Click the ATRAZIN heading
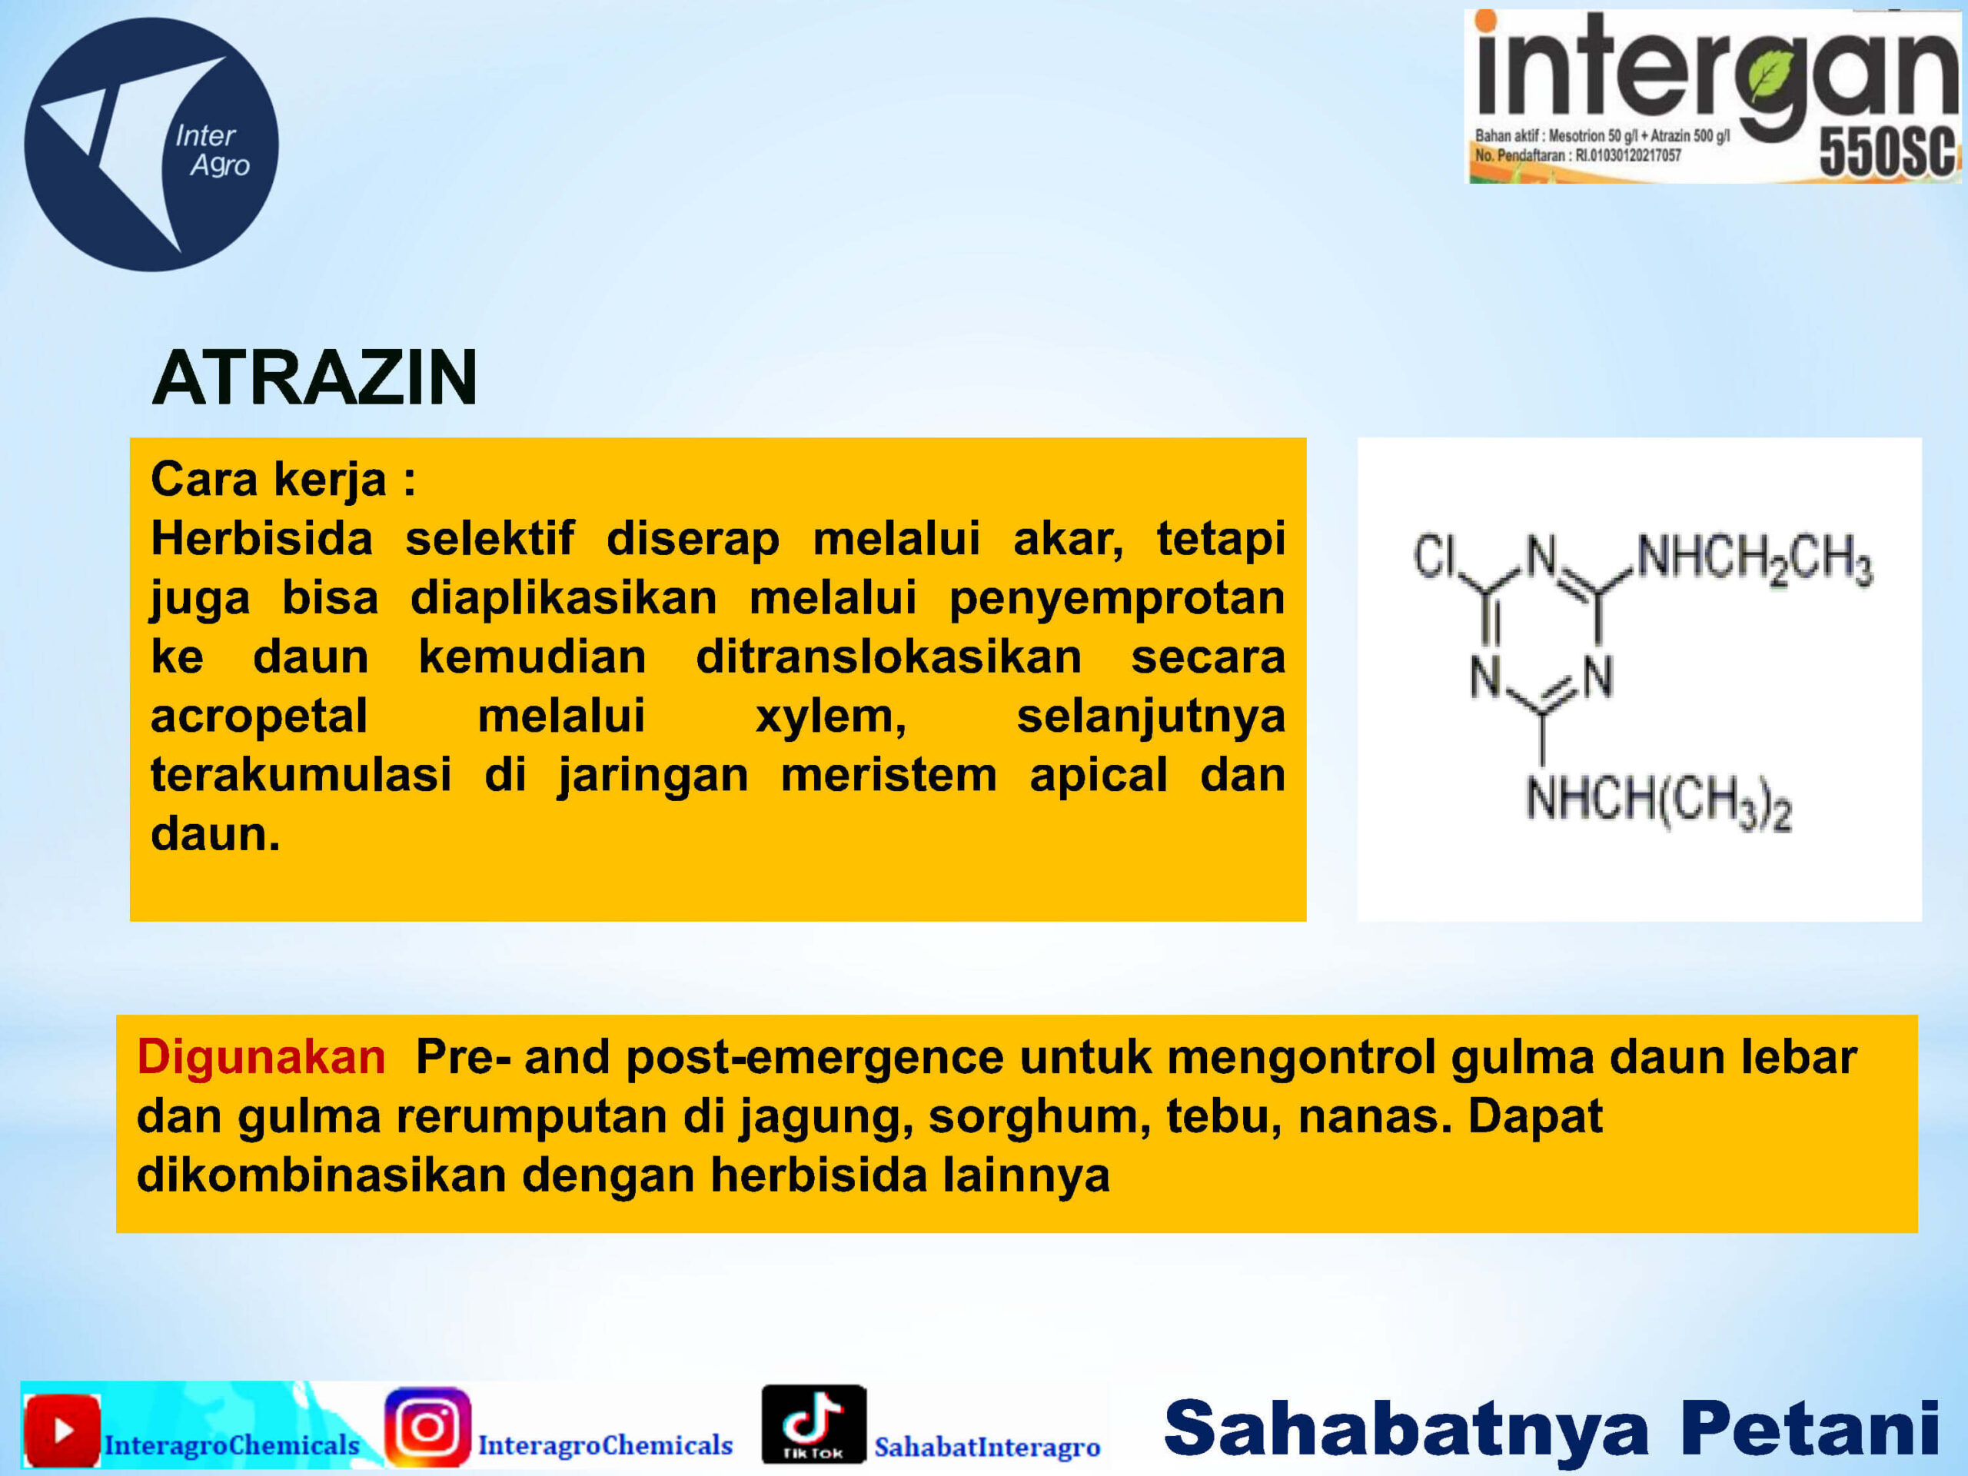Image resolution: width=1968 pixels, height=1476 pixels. (x=315, y=377)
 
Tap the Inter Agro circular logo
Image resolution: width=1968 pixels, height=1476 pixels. (x=151, y=144)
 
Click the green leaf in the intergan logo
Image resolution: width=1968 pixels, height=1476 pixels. (x=1776, y=75)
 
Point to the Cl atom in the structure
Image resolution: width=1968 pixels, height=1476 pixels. (x=1434, y=557)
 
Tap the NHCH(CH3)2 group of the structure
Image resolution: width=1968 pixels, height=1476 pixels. (x=1658, y=802)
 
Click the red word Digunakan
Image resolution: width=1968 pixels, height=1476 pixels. (x=261, y=1057)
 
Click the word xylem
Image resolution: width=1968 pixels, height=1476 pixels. (x=831, y=717)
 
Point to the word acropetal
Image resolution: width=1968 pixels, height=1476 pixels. (x=259, y=717)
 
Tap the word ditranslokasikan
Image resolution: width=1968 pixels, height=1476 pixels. (x=889, y=657)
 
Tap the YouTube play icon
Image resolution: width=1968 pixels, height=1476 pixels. (x=61, y=1431)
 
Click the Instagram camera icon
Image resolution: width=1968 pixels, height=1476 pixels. (x=427, y=1427)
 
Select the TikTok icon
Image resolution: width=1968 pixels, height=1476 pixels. (x=813, y=1424)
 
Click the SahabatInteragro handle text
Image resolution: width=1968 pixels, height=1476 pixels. (x=988, y=1447)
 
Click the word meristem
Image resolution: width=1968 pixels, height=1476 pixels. (x=889, y=775)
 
